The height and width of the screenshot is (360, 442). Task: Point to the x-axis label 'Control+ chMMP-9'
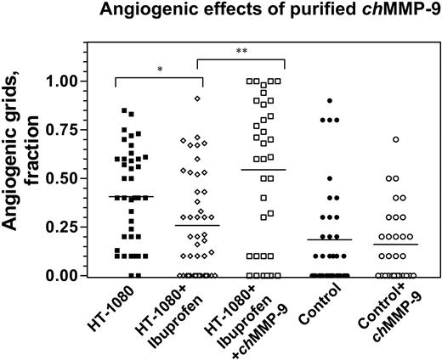pyautogui.click(x=387, y=318)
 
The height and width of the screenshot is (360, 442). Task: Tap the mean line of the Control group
pyautogui.click(x=329, y=239)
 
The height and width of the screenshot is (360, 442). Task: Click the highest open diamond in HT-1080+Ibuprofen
pyautogui.click(x=197, y=98)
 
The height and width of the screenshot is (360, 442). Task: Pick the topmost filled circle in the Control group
pyautogui.click(x=329, y=100)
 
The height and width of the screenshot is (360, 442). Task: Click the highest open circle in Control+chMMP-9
pyautogui.click(x=396, y=139)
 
